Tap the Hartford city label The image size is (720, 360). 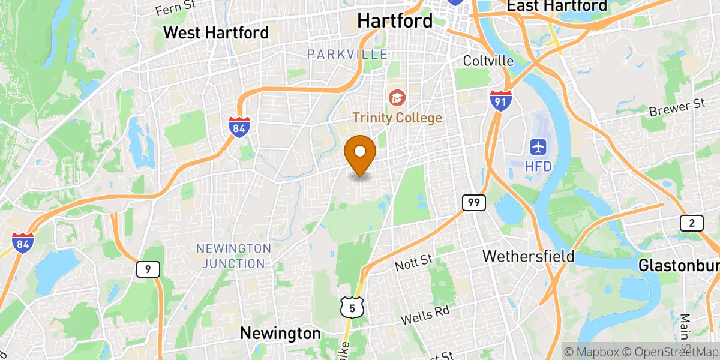394,20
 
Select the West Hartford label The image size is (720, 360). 216,32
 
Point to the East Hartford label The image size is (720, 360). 557,6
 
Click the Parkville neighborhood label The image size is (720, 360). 347,55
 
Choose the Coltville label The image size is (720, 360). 488,61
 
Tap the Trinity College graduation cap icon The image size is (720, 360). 396,97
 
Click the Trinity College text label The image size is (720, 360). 397,118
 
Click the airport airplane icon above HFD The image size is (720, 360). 538,146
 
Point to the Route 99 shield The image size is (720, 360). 473,203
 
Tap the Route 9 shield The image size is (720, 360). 148,269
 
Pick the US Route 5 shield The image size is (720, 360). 352,308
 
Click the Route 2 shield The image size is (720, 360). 691,224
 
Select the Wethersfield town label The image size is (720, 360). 529,256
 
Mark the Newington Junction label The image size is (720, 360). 234,256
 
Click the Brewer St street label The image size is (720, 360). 677,108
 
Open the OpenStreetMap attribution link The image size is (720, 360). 670,352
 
